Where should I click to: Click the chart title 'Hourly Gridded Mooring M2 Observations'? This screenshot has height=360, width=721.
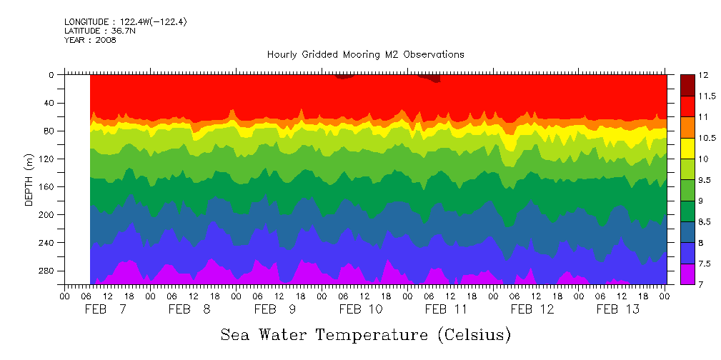365,54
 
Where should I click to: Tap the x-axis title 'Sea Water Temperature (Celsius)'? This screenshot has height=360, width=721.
365,334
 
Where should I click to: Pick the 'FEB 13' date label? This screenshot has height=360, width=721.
618,309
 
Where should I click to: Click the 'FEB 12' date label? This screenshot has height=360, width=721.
532,309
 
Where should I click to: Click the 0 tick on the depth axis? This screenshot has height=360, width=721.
51,74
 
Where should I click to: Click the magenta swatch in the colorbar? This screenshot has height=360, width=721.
687,274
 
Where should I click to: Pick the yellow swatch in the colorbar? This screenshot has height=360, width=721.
687,148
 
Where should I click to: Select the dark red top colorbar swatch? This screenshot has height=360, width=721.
687,85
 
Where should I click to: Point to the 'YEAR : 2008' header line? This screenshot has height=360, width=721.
90,40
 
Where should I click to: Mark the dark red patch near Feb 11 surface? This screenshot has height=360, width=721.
433,78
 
